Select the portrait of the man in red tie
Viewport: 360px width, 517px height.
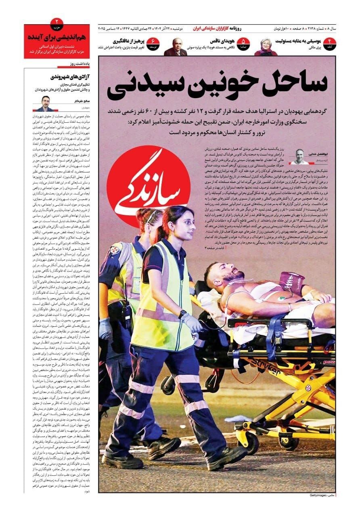tap(175, 47)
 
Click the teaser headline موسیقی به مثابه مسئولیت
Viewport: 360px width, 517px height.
tap(298, 41)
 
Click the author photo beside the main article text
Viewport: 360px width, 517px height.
tap(299, 157)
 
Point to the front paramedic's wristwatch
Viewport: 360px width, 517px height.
tap(182, 314)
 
